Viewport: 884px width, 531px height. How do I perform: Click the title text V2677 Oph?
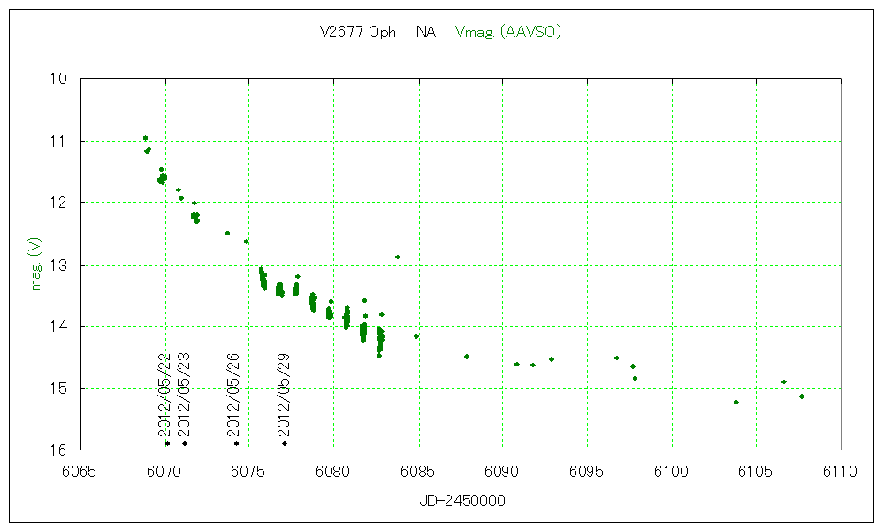358,32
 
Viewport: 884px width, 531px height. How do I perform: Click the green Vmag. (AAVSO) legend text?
508,32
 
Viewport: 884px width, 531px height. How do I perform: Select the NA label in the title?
426,32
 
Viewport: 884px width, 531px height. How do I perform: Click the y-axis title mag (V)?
35,264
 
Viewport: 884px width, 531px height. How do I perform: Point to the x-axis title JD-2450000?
461,501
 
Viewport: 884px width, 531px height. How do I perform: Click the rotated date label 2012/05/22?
164,395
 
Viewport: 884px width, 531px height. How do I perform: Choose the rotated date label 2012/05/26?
233,395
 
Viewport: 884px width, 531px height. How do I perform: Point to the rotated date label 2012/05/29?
284,395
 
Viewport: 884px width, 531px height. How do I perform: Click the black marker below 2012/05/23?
185,442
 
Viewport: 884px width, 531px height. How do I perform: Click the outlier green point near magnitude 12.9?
398,257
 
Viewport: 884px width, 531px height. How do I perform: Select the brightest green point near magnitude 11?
145,138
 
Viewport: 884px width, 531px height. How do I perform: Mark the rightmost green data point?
802,396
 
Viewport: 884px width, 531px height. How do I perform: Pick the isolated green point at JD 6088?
467,356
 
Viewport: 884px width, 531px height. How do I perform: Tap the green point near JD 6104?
736,402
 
